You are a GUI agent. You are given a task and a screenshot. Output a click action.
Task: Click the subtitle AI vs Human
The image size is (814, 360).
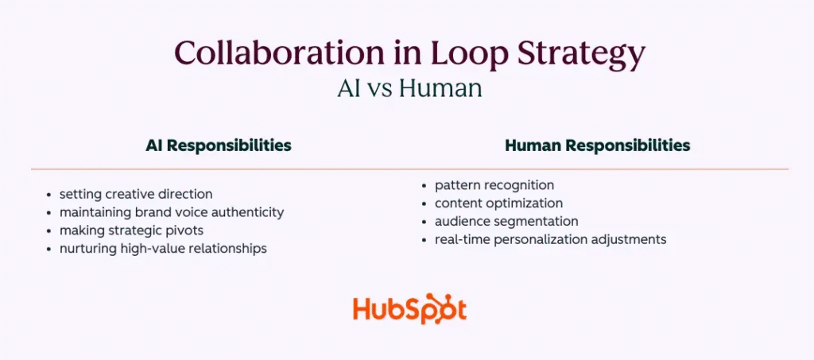(409, 87)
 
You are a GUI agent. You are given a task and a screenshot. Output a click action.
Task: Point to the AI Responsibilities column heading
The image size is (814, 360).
(218, 145)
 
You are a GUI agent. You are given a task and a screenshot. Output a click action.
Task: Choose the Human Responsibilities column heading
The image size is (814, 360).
(597, 145)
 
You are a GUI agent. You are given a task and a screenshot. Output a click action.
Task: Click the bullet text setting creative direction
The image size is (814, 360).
(136, 193)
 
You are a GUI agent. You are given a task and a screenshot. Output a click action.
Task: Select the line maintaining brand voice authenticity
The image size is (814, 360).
(172, 212)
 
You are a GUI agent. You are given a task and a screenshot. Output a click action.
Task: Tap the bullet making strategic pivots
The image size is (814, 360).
(130, 230)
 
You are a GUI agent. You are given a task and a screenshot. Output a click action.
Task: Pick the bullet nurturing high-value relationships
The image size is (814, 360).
(163, 248)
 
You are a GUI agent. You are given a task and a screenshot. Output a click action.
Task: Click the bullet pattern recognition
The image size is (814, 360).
(494, 185)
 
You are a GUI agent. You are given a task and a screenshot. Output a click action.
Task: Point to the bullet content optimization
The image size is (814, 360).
(498, 203)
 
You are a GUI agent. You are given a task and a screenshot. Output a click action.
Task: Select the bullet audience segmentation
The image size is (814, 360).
(506, 221)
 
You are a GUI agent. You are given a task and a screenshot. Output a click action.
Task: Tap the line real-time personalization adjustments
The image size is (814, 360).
(550, 238)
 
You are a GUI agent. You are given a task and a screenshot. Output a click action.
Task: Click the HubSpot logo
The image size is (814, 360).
(409, 309)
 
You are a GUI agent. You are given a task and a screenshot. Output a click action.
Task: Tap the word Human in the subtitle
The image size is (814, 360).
(440, 87)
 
